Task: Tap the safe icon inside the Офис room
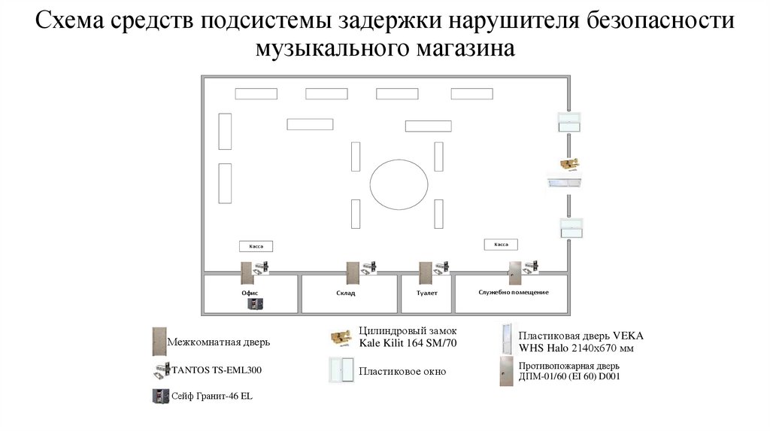click(254, 304)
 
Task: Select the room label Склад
click(346, 292)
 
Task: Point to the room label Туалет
click(426, 292)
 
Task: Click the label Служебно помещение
click(514, 291)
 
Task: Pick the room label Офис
click(250, 292)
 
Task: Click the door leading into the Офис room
click(245, 272)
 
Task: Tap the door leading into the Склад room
click(351, 272)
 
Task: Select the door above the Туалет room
click(425, 272)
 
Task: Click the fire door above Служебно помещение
click(515, 272)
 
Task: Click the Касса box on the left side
click(256, 246)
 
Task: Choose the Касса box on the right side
click(501, 244)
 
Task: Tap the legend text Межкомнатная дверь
click(218, 342)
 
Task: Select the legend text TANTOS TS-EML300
click(217, 370)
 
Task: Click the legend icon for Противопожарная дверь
click(505, 371)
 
